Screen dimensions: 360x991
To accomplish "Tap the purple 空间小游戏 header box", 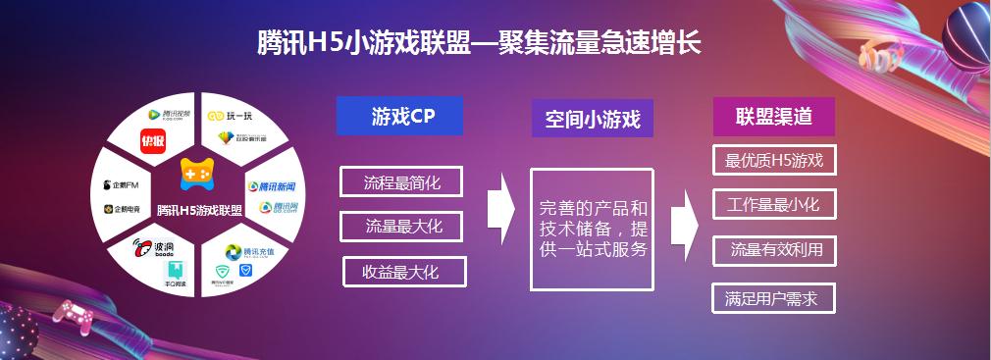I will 592,120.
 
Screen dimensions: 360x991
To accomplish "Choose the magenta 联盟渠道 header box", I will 773,117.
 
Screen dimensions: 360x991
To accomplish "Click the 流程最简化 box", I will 401,182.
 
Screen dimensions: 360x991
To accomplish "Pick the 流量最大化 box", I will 403,227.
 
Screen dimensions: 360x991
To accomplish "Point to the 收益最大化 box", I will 403,271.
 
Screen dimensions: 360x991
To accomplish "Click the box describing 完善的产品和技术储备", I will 592,229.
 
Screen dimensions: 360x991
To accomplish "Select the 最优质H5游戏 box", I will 773,161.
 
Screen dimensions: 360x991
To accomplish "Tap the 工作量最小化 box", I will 773,205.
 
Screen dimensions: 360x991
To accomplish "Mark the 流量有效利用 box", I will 775,250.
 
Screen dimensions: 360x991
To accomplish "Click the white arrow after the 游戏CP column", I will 500,207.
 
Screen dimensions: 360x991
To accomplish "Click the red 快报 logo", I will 152,140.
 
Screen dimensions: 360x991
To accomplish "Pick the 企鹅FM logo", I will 123,184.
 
